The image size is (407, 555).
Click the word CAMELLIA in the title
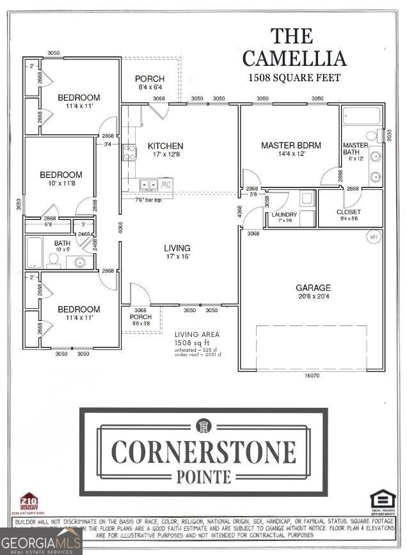(x=294, y=58)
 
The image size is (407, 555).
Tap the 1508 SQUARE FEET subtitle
(x=294, y=77)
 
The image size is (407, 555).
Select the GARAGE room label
(x=313, y=288)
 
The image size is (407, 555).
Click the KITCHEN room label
(x=165, y=146)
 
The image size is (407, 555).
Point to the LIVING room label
(x=177, y=248)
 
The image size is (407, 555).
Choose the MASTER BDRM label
(x=291, y=146)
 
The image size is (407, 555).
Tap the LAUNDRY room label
(x=283, y=214)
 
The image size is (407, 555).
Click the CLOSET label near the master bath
(x=349, y=212)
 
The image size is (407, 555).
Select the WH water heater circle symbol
(x=373, y=237)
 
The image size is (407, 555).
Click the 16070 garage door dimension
(x=312, y=376)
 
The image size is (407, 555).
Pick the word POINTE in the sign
(x=203, y=476)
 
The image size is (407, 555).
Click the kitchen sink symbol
(x=149, y=185)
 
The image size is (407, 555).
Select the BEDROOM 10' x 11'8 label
(x=61, y=179)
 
